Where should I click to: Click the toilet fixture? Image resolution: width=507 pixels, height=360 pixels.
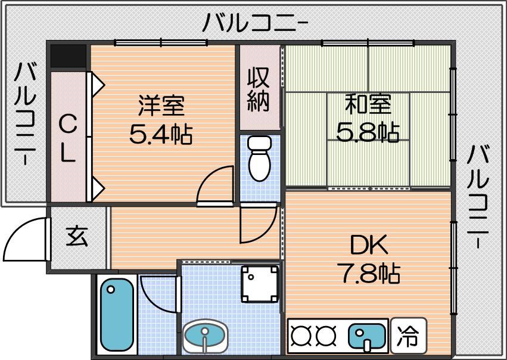coord(260,159)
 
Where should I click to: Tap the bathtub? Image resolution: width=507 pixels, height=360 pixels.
coord(117,315)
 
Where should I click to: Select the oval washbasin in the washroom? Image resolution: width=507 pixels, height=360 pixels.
coord(205,335)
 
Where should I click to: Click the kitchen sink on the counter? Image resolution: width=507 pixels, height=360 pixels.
coord(366,336)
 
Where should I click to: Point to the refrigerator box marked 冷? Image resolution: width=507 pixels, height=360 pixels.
coord(409,336)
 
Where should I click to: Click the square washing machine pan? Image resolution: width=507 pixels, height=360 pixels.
coord(260,284)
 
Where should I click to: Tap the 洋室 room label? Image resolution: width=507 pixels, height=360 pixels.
coord(161,105)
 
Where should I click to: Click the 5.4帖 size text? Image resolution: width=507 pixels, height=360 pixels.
coord(161,134)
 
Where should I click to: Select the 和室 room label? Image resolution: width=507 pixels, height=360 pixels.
coord(368,104)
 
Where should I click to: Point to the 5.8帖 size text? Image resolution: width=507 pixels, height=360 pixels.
coord(368,132)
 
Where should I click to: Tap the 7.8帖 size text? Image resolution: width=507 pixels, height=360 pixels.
coord(369,274)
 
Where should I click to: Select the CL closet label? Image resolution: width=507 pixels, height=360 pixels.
coord(69,139)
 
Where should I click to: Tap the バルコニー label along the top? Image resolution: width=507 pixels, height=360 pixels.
coord(255,23)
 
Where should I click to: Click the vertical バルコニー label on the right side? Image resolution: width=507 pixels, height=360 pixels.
coord(478,196)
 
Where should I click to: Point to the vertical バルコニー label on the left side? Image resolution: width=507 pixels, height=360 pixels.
coord(24,114)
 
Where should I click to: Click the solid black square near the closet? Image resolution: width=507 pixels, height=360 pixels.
coord(69,56)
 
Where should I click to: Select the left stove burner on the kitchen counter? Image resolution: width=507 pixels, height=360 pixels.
coord(300,336)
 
